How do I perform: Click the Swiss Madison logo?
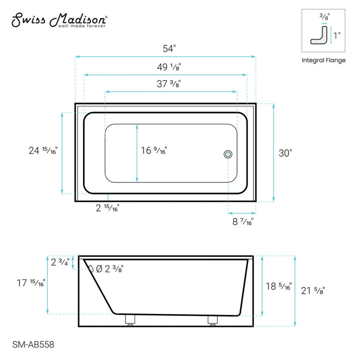tap(59, 20)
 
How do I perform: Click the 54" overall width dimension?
tap(169, 48)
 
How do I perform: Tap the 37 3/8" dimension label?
tap(168, 84)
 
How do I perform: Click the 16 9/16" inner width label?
tap(154, 150)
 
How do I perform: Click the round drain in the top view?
tap(228, 154)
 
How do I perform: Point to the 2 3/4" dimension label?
tap(60, 261)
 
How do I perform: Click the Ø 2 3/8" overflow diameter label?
tap(109, 269)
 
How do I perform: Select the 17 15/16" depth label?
tap(31, 283)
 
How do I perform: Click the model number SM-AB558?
tap(32, 344)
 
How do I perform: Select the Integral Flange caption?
tap(323, 60)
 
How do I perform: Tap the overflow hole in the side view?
tap(91, 268)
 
